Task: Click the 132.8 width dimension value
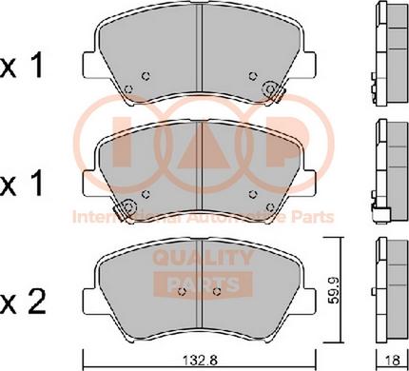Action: click(200, 361)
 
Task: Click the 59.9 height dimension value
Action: click(334, 290)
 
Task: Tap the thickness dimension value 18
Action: click(392, 361)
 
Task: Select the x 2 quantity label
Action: click(23, 303)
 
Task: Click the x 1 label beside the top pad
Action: click(22, 67)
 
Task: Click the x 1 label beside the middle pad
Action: click(22, 184)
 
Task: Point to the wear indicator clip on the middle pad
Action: click(125, 209)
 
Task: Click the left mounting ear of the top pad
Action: click(89, 65)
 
